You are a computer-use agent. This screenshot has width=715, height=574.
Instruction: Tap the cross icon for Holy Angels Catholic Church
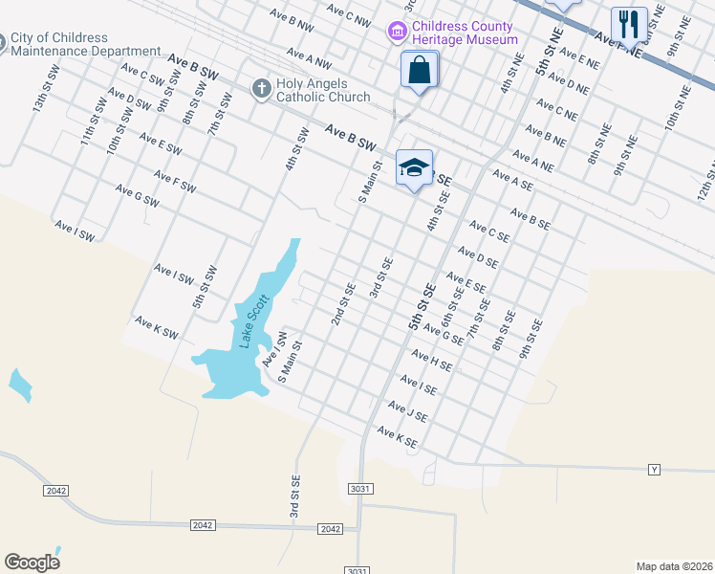click(260, 89)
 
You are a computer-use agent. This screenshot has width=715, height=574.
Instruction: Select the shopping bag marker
click(419, 71)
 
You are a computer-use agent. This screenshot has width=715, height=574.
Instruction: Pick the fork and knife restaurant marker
click(629, 25)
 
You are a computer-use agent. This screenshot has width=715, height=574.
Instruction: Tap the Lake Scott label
click(253, 320)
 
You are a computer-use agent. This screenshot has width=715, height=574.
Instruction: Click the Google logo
click(32, 563)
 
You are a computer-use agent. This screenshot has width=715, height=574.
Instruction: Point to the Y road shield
click(655, 470)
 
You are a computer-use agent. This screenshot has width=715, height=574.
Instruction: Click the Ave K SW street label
click(157, 327)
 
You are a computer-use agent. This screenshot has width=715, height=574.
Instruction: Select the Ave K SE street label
click(397, 438)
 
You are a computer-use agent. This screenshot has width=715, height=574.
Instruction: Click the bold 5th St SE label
click(422, 306)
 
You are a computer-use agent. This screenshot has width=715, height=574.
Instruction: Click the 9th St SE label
click(531, 339)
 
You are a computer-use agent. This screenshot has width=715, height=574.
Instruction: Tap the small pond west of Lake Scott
click(19, 385)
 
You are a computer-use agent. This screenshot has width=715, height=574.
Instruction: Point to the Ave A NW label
click(308, 60)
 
